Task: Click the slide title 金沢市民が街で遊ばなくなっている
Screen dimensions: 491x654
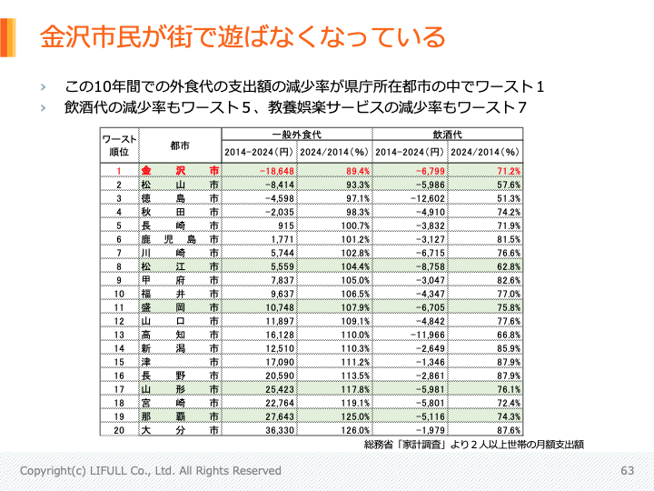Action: point(243,37)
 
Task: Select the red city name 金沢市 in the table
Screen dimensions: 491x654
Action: point(179,171)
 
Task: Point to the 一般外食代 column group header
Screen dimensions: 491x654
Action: point(297,135)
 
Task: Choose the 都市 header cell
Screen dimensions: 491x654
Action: point(179,145)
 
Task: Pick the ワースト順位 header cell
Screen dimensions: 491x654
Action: point(118,145)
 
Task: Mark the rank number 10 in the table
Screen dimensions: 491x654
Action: point(118,295)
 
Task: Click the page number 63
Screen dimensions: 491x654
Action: point(628,471)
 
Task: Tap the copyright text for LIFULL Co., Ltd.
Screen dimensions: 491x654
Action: point(151,471)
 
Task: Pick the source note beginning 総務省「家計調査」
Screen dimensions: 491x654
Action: point(472,446)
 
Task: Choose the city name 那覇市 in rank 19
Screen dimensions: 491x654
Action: point(179,416)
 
